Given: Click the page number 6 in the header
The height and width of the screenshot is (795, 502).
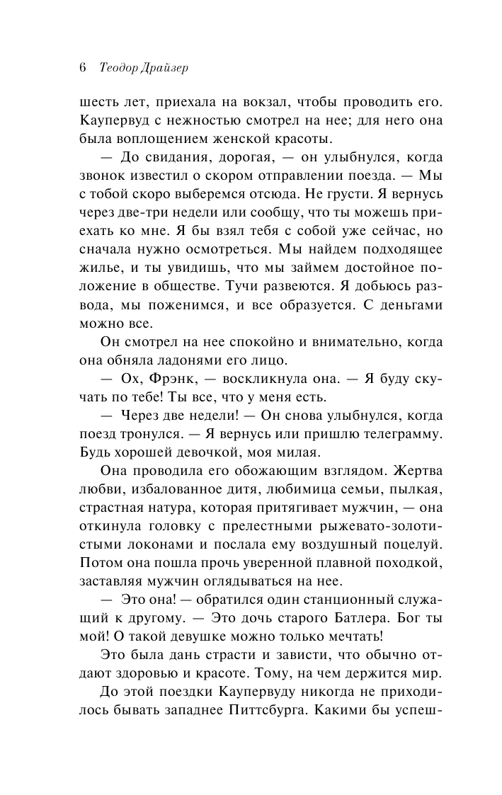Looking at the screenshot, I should click(x=82, y=69).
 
